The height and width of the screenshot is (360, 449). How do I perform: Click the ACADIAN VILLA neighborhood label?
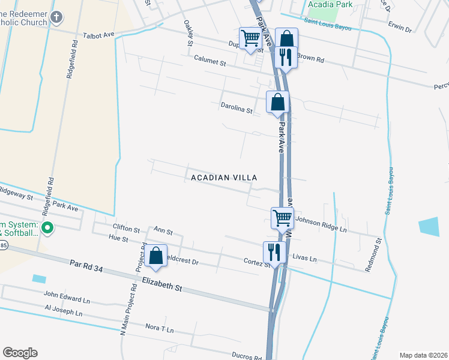pyautogui.click(x=224, y=178)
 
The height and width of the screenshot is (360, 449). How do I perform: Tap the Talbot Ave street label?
pyautogui.click(x=98, y=35)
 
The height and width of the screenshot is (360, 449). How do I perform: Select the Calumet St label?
pyautogui.click(x=209, y=62)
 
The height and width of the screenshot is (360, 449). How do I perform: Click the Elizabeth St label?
pyautogui.click(x=161, y=284)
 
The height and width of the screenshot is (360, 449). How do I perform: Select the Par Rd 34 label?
pyautogui.click(x=86, y=266)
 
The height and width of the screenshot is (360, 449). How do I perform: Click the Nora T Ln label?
pyautogui.click(x=159, y=329)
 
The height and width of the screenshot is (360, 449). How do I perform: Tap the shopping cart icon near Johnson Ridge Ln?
pyautogui.click(x=282, y=217)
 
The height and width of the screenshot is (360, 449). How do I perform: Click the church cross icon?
pyautogui.click(x=56, y=16)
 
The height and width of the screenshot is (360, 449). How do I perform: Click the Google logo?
pyautogui.click(x=20, y=353)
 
